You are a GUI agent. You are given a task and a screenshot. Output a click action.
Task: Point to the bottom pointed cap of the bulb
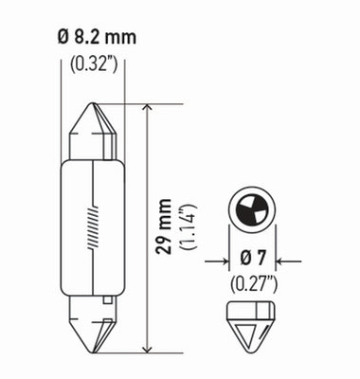[93, 328]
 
